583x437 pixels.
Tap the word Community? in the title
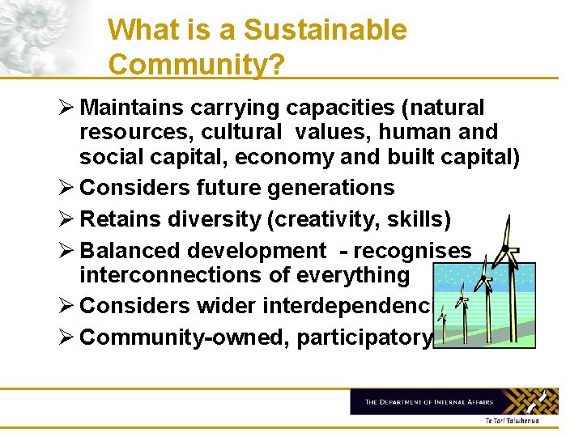click(196, 65)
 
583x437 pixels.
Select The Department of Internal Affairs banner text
click(430, 402)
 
